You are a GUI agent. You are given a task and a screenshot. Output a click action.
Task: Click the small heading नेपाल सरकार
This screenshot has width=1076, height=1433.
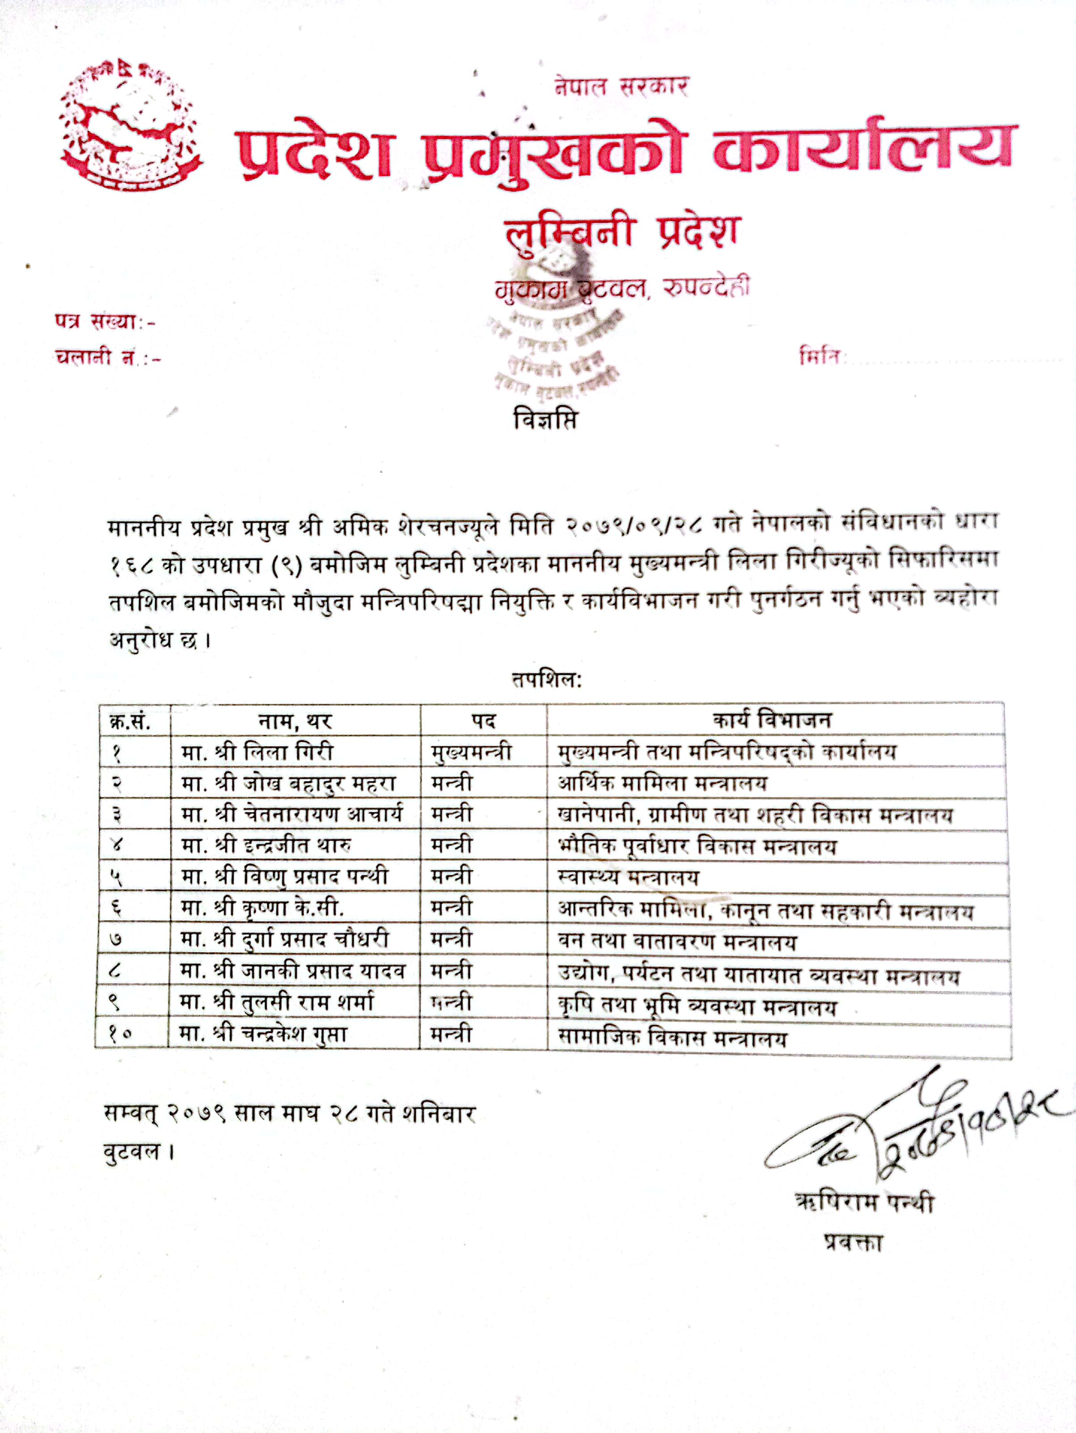(x=621, y=86)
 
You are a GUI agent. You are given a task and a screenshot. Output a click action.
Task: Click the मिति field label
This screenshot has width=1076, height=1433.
(x=820, y=356)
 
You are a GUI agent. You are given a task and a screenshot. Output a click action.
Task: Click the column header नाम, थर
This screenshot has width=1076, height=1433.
(x=295, y=721)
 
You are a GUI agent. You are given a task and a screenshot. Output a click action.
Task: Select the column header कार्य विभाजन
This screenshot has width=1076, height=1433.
(x=771, y=720)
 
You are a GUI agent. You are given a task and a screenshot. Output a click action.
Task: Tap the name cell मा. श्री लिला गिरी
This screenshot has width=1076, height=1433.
(x=257, y=751)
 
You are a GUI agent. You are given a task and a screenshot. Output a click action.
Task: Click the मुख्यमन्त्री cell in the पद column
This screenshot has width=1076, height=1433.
(x=471, y=751)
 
